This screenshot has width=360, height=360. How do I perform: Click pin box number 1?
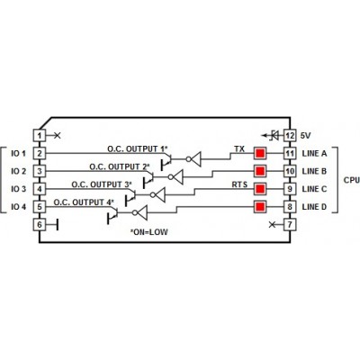click(x=40, y=136)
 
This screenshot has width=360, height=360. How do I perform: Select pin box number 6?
click(x=40, y=224)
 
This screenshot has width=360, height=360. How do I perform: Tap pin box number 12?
click(x=290, y=136)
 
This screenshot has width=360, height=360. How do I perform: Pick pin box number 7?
click(x=290, y=224)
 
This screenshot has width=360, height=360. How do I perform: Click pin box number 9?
click(x=290, y=189)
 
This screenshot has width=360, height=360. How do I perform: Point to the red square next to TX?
click(x=260, y=154)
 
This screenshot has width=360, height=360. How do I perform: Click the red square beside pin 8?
click(x=260, y=207)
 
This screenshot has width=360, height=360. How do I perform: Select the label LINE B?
click(x=314, y=171)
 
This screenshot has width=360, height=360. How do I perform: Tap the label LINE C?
click(x=314, y=189)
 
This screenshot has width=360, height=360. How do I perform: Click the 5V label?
click(x=306, y=136)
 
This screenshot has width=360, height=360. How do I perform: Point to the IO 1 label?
click(x=19, y=154)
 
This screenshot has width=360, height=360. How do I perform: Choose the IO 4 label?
click(x=19, y=207)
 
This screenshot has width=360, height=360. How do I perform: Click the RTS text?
click(x=239, y=184)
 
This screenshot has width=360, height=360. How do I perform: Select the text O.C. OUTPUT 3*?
click(x=102, y=184)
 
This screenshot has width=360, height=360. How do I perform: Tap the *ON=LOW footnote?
click(x=149, y=232)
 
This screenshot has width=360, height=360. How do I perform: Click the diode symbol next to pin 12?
click(x=274, y=136)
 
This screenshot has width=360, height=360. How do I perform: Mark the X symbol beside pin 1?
click(x=58, y=136)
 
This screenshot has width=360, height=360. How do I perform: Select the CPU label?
click(x=352, y=180)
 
